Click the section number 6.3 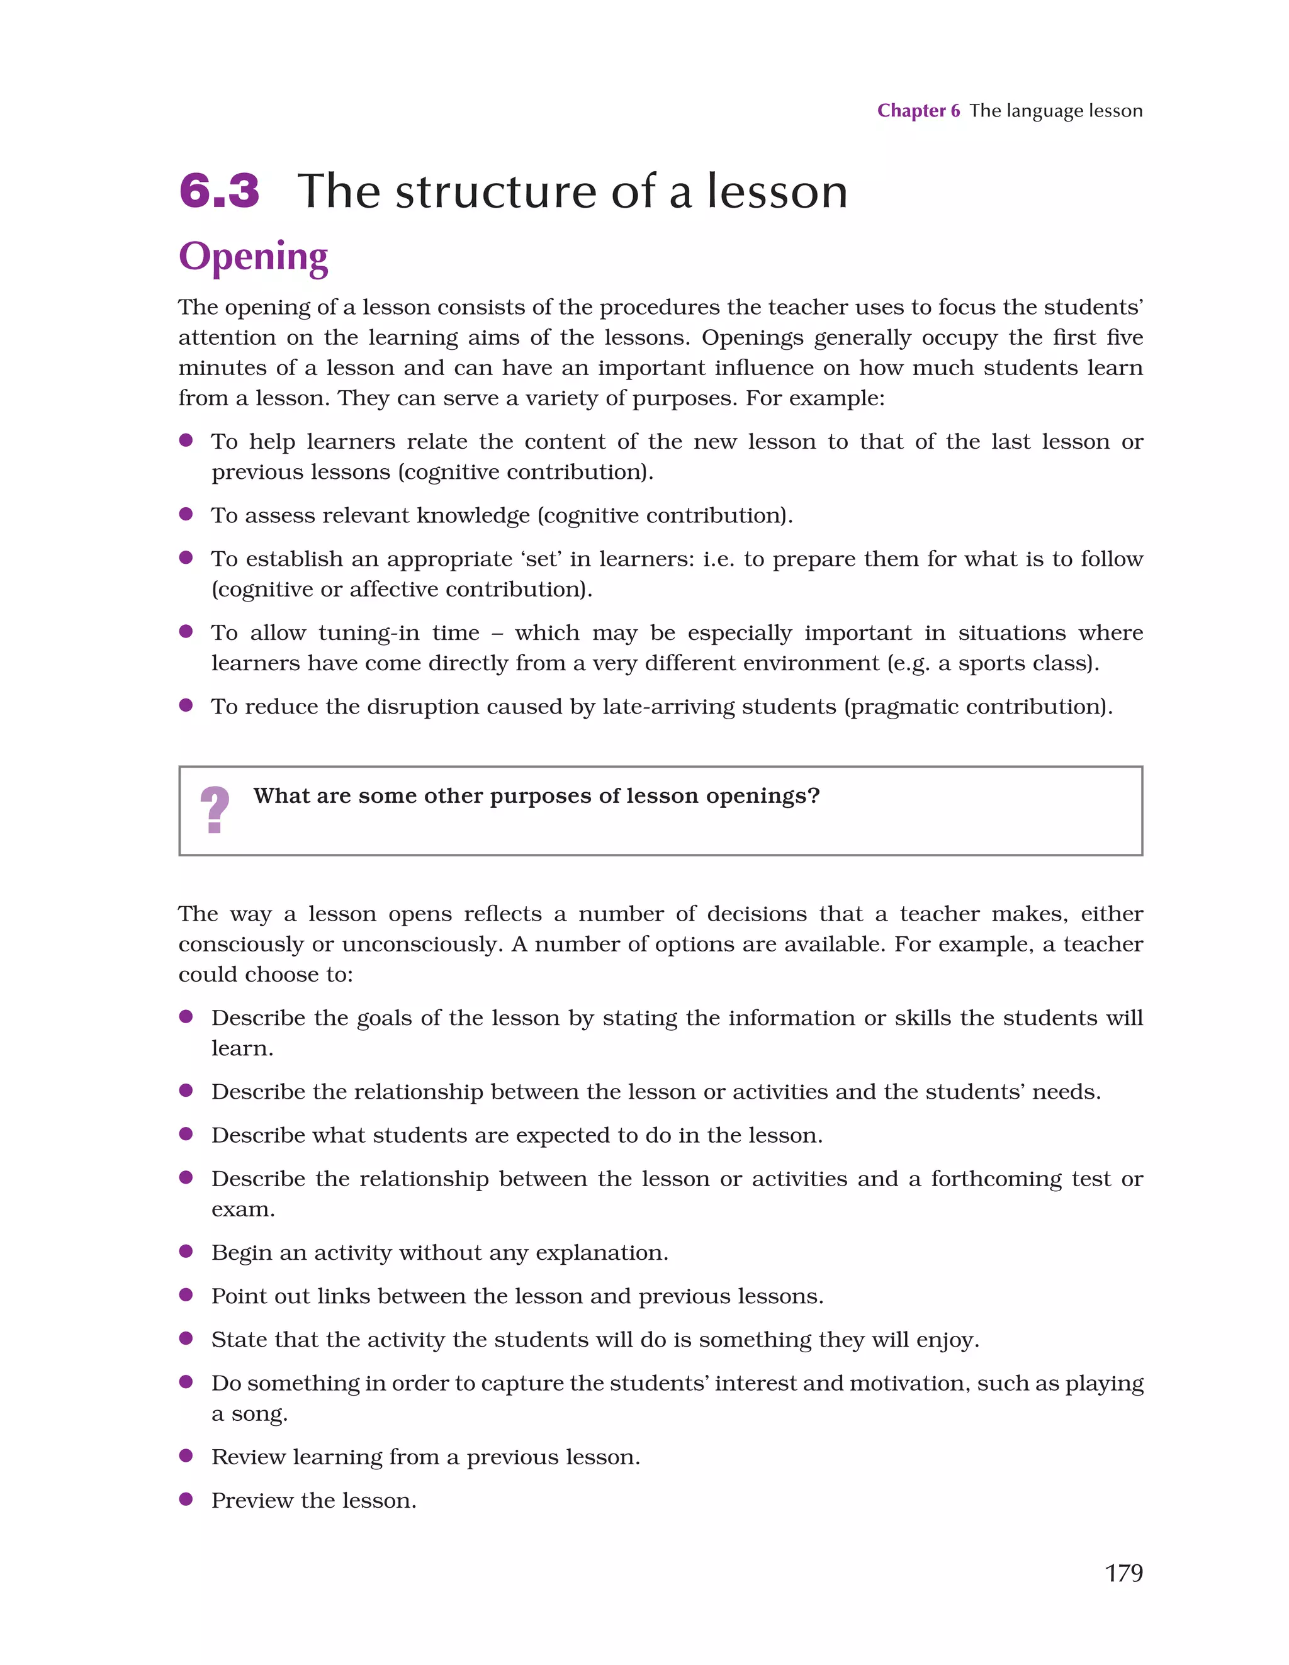click(220, 191)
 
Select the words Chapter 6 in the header click(918, 111)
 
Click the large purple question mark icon click(215, 810)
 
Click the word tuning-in click(368, 633)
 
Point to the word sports click(990, 663)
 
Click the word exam click(242, 1210)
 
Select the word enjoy click(946, 1340)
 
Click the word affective click(395, 590)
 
